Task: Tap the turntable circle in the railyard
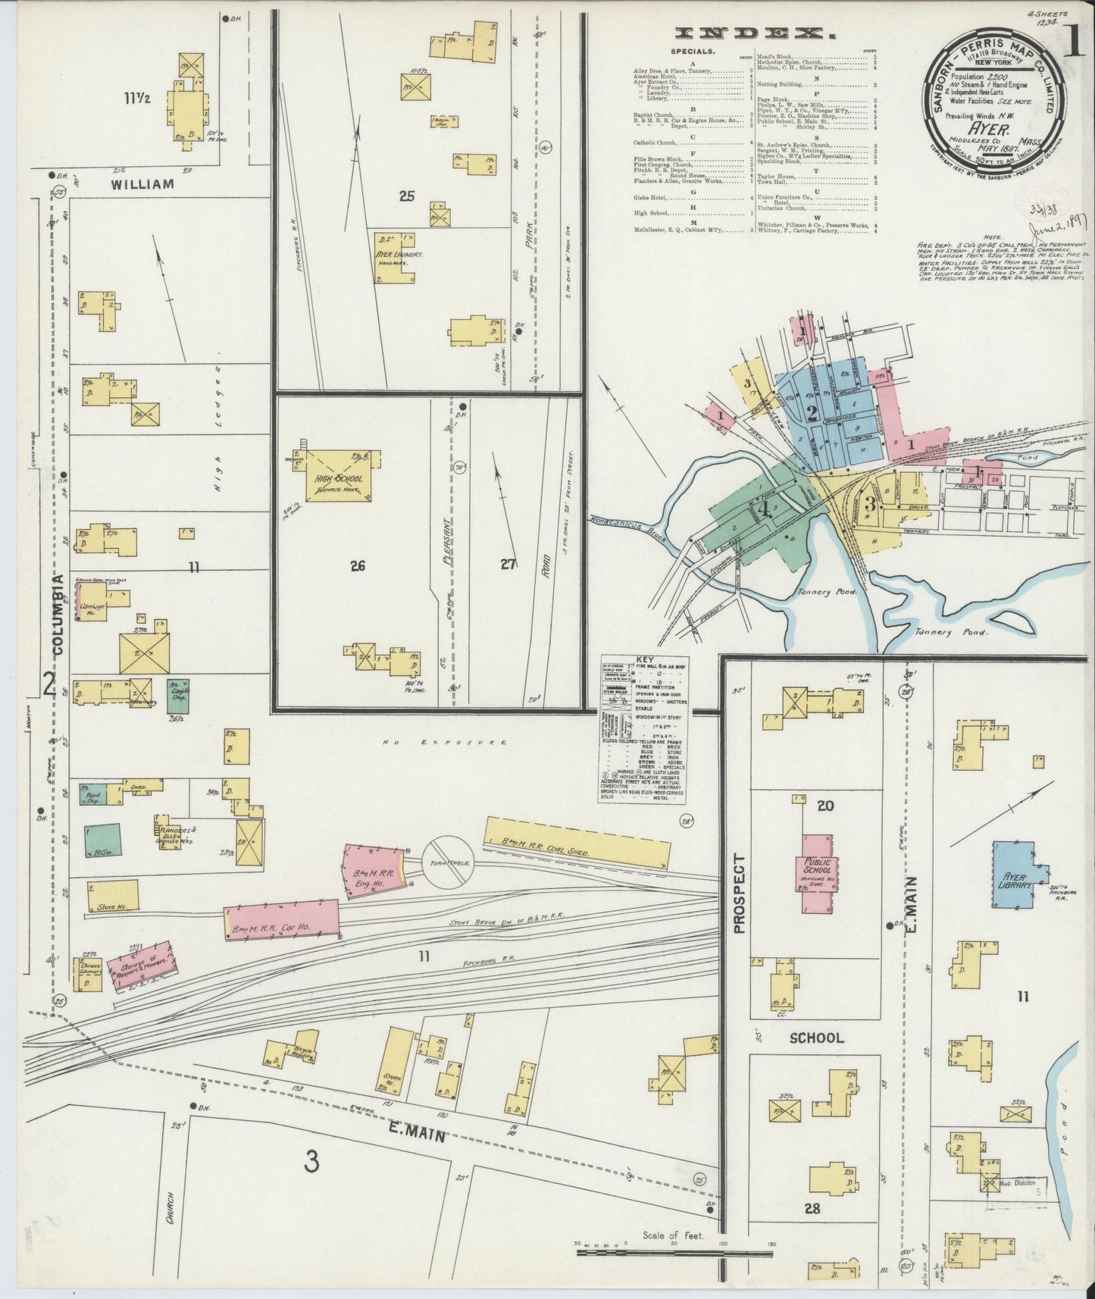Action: click(448, 862)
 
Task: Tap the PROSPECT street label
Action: click(740, 894)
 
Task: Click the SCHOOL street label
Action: click(817, 1038)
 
